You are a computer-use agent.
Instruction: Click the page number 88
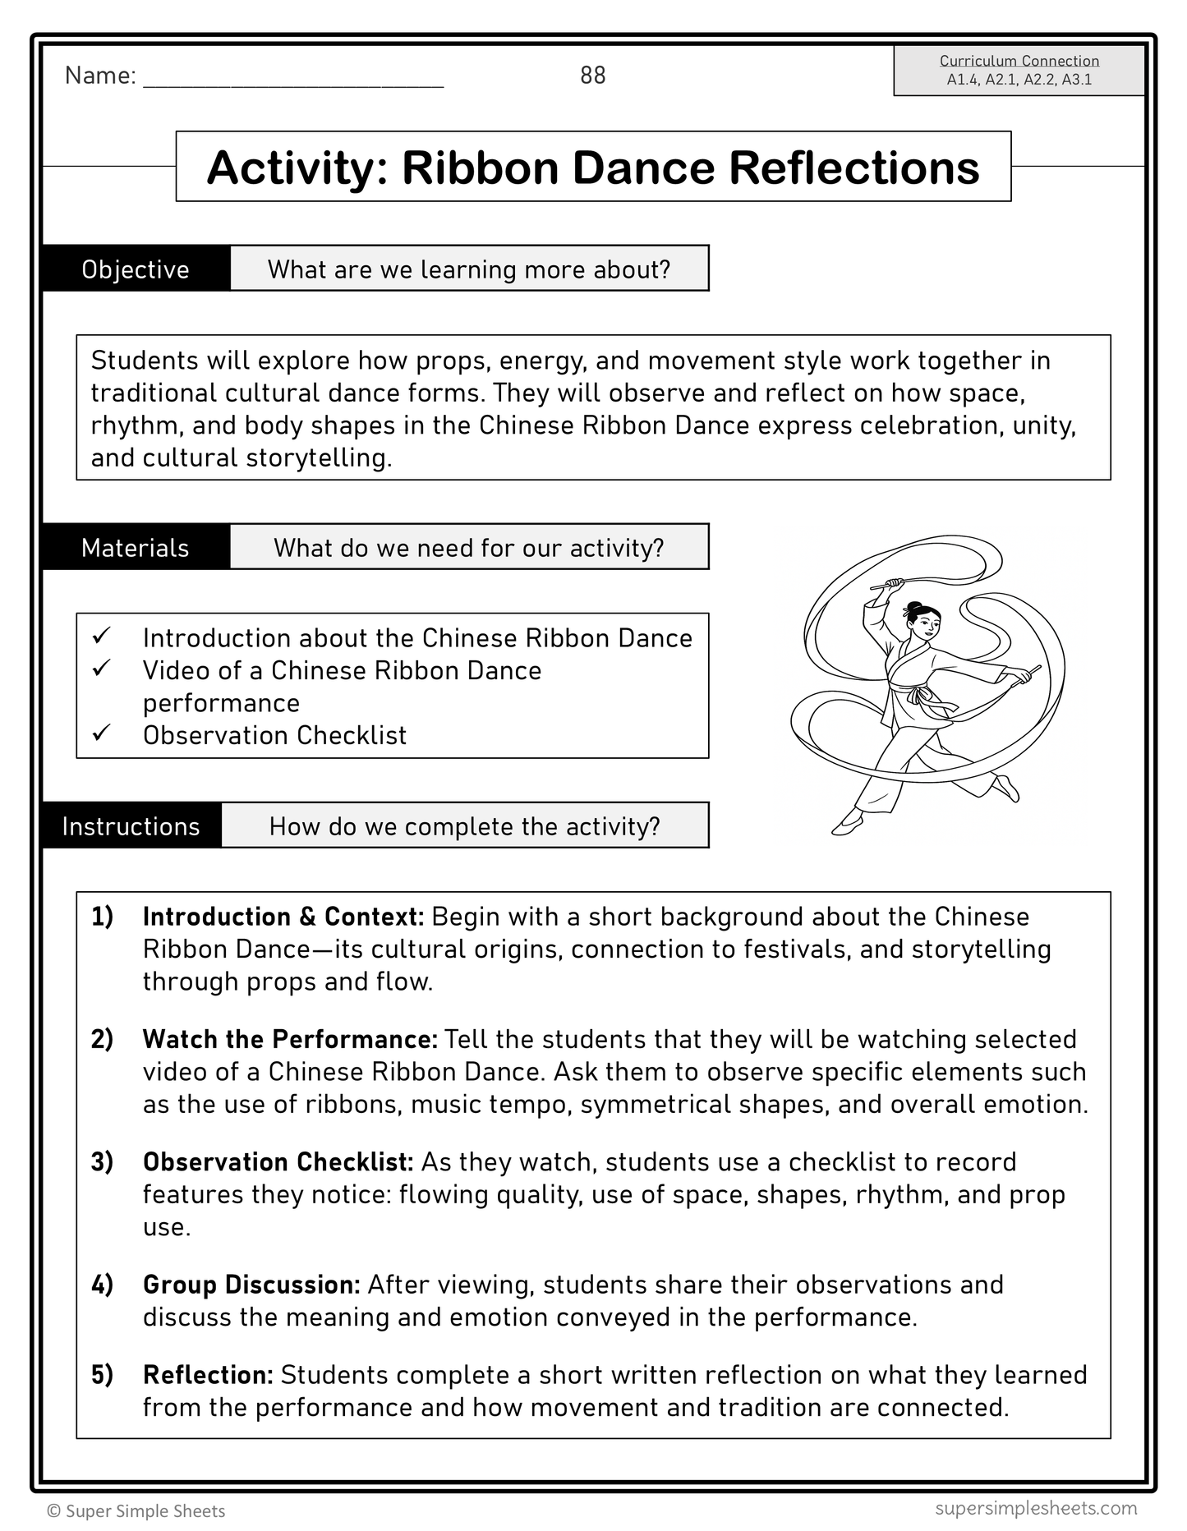coord(592,76)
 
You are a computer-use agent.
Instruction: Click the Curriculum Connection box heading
coord(1019,61)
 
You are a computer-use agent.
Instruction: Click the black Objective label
coord(136,269)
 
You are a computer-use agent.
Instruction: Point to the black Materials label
coord(136,548)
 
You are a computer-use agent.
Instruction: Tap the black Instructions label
coord(131,826)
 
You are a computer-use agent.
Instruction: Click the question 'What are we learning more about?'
coord(469,269)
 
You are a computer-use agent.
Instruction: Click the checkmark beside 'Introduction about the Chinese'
coord(102,635)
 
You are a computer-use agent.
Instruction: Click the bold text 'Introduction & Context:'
coord(283,917)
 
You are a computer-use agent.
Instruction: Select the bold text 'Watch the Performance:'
coord(290,1039)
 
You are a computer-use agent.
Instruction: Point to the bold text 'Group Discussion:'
coord(251,1285)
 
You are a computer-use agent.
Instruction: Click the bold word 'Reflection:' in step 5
coord(208,1375)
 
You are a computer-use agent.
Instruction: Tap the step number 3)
coord(102,1162)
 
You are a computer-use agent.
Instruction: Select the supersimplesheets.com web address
coord(1036,1508)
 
